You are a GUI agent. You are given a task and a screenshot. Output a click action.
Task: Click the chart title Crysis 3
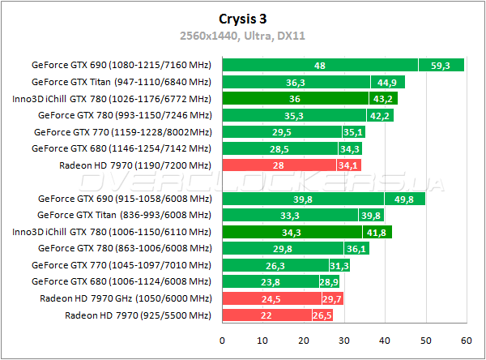tap(242, 18)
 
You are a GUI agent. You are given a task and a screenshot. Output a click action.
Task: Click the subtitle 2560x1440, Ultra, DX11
tap(242, 35)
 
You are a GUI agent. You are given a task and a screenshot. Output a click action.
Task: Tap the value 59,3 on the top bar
tap(441, 65)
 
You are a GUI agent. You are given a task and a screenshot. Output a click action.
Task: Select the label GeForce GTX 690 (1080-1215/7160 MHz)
tap(122, 65)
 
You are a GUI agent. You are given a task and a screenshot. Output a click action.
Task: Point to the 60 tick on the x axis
tap(465, 341)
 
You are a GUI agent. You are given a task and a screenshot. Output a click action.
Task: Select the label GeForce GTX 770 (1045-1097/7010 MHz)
tap(122, 264)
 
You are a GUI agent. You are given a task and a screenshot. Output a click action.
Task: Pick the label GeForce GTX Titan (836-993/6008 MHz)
tap(125, 215)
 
